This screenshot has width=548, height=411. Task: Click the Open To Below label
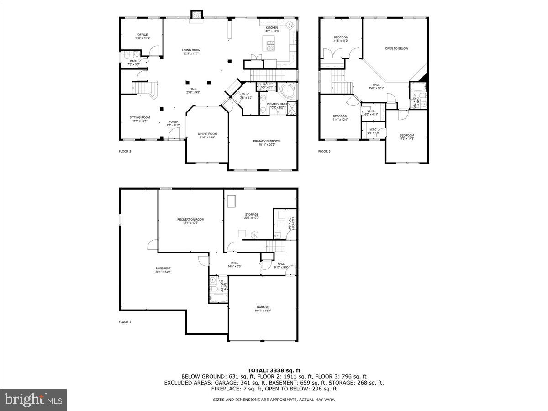pos(396,48)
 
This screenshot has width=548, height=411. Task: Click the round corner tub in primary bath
pos(288,90)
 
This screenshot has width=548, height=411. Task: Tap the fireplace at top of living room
pos(197,16)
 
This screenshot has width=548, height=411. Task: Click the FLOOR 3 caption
pos(324,151)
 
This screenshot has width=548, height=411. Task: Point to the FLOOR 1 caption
pos(125,322)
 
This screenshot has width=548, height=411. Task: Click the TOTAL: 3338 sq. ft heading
pos(274,370)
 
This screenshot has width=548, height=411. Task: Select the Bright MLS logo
pos(33,400)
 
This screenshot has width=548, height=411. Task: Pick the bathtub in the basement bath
pos(217,299)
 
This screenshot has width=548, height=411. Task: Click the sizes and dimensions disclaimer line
pos(274,400)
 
